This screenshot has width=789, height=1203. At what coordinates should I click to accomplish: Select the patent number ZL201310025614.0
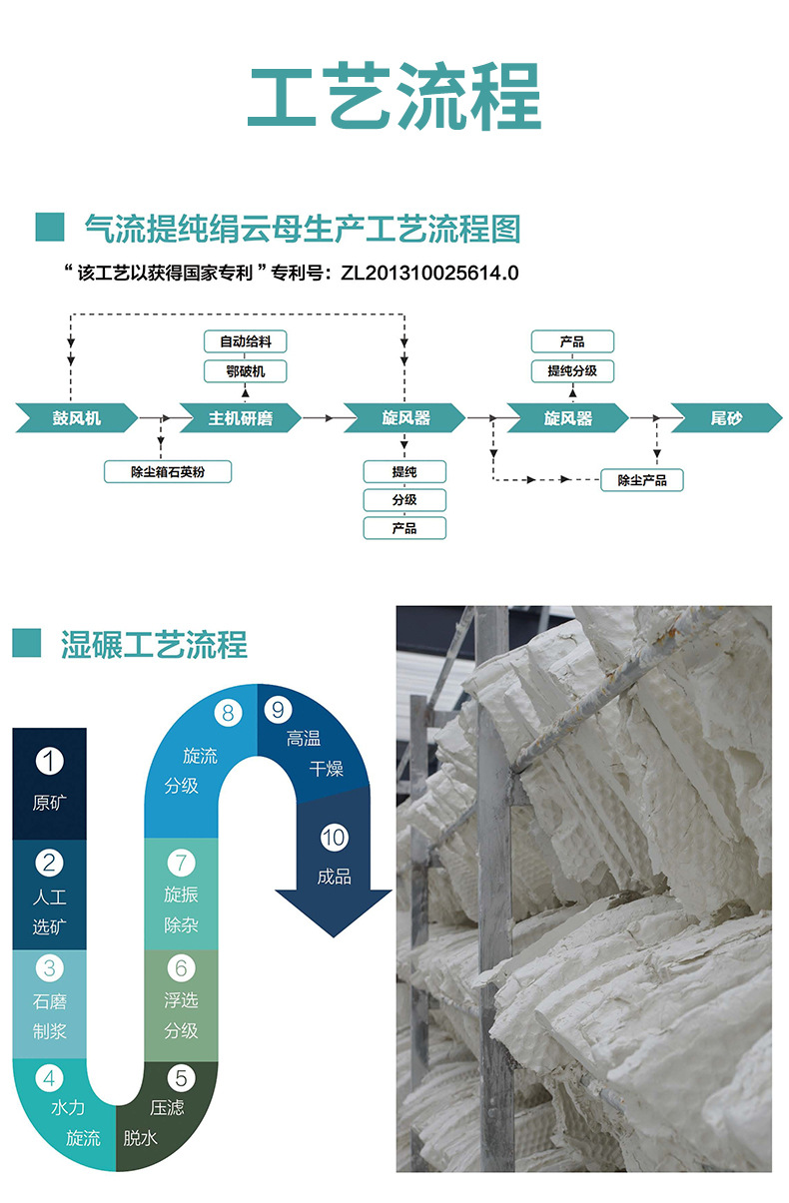pos(429,273)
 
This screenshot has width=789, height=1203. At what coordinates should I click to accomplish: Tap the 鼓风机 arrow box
pos(75,418)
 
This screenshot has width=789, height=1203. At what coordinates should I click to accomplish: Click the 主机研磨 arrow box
pos(240,418)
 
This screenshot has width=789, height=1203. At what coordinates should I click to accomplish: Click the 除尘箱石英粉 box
pos(168,471)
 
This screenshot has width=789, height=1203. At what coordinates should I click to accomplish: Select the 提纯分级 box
pos(572,371)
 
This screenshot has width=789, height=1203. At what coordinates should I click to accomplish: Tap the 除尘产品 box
pos(642,480)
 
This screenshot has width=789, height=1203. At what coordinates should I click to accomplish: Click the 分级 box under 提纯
pos(404,499)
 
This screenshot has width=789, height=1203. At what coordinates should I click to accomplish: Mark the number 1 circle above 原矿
pos(50,762)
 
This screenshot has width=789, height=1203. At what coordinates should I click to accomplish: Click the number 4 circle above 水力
pos(50,1077)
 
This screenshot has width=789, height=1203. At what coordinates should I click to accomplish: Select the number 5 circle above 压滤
pos(181,1077)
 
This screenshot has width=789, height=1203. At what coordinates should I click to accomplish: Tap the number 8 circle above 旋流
pos(229,712)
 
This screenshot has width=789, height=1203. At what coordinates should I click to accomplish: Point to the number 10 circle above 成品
pos(334,837)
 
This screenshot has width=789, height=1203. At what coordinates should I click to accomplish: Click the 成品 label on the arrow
pos(334,877)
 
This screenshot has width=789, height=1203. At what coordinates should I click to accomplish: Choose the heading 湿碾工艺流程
pos(154,645)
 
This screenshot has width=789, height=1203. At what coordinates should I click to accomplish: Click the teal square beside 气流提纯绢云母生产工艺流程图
pos(50,228)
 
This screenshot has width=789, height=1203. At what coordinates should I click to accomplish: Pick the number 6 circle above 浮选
pos(181,967)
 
